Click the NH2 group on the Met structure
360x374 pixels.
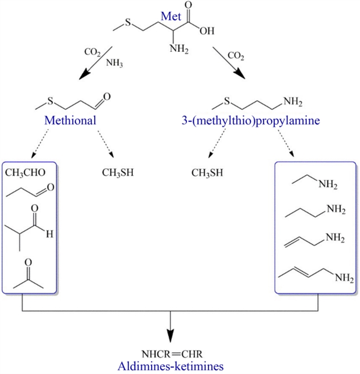(x=179, y=49)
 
